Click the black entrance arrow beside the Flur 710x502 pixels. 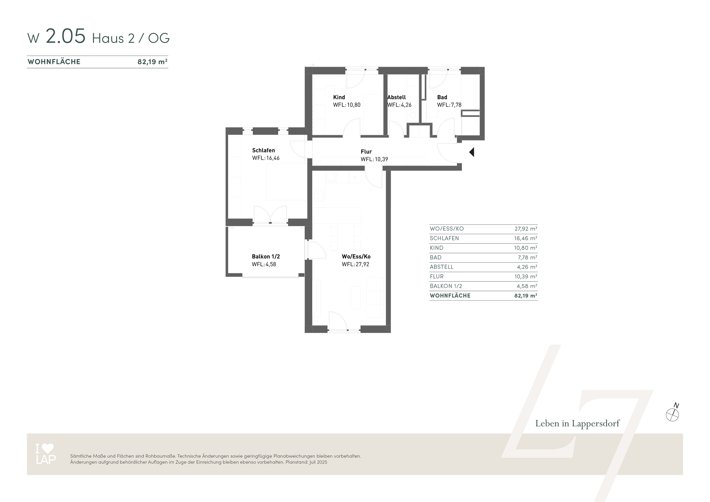(472, 152)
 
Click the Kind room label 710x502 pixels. (339, 97)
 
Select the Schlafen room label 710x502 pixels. (263, 150)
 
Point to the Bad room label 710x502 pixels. (442, 97)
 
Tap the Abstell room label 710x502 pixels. (396, 97)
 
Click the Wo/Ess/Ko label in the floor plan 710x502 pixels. (356, 257)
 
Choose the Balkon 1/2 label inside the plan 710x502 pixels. (266, 257)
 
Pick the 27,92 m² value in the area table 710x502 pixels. (526, 229)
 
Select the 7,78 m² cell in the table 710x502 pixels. (527, 257)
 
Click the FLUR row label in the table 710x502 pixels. (437, 277)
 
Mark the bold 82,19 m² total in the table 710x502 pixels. (526, 296)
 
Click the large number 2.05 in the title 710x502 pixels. (65, 36)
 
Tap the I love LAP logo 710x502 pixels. (46, 454)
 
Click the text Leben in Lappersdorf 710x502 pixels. (577, 423)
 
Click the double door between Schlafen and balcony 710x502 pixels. (270, 214)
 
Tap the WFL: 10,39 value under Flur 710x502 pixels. (374, 159)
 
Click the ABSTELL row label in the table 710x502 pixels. (442, 267)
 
